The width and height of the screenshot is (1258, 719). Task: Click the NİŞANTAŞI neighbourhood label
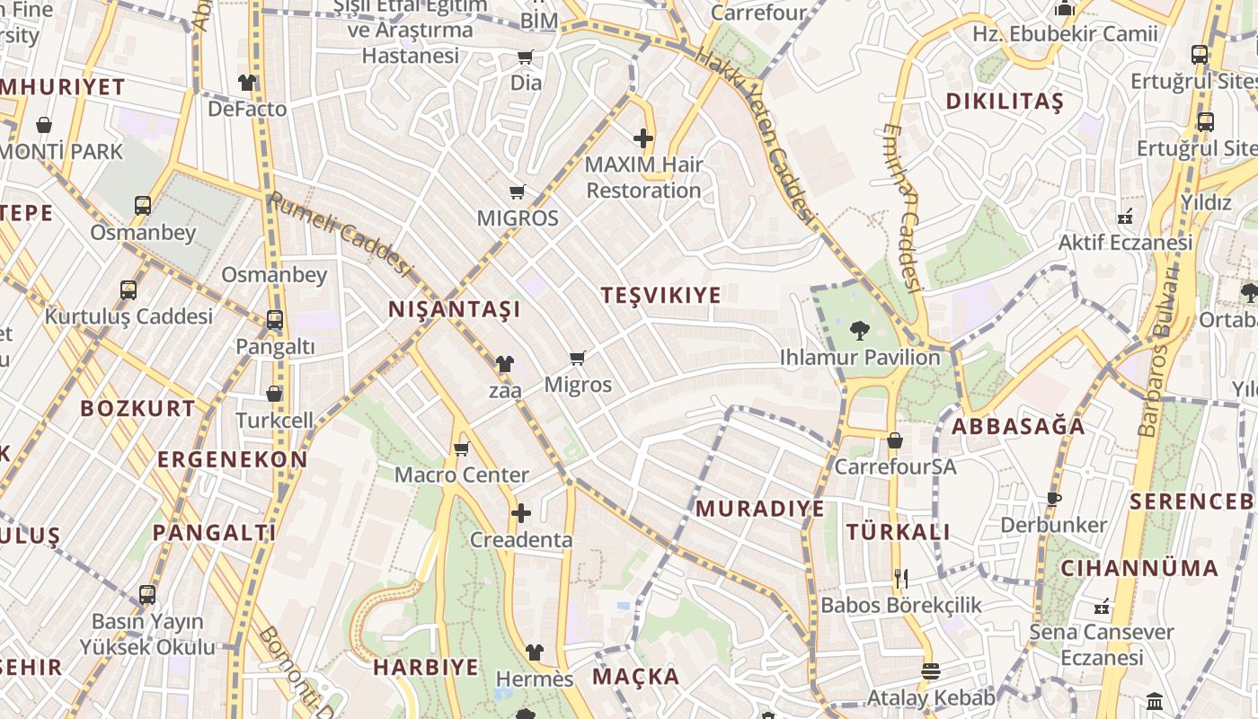tap(454, 309)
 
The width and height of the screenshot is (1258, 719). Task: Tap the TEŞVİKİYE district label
tap(661, 295)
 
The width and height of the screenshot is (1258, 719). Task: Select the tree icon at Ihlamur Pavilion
tap(860, 331)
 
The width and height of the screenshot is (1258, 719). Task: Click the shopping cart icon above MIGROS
tap(517, 191)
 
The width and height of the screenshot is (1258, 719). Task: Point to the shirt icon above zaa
tap(505, 364)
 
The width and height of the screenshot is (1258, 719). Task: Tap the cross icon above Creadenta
tap(521, 513)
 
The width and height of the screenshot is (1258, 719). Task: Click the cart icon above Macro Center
tap(462, 448)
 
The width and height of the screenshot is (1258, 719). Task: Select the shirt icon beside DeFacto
tap(247, 83)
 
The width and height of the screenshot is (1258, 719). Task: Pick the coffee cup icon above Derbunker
tap(1054, 499)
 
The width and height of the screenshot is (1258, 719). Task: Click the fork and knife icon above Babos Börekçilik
tap(901, 578)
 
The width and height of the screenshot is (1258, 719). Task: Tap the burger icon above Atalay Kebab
tap(930, 671)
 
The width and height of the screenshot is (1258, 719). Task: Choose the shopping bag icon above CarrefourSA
tap(895, 440)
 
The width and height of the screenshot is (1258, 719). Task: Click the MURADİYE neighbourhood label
tap(760, 509)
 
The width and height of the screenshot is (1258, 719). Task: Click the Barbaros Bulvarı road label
tap(1159, 351)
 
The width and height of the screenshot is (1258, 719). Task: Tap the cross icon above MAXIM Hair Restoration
tap(643, 138)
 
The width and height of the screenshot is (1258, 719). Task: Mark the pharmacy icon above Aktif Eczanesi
tap(1124, 217)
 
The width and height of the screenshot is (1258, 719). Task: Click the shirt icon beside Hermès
tap(535, 652)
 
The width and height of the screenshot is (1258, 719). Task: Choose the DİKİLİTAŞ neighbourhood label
tap(1005, 101)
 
